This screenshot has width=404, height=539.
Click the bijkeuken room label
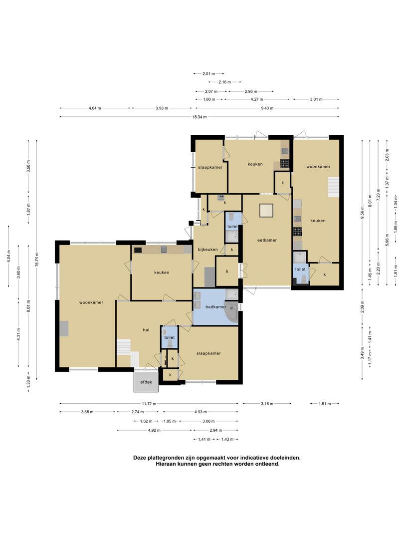(x=207, y=250)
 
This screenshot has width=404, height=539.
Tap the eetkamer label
(x=267, y=240)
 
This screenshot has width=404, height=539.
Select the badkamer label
(x=216, y=306)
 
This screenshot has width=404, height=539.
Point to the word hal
(x=146, y=330)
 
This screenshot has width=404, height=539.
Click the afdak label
(x=146, y=382)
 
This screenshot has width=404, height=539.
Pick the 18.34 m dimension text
(x=200, y=117)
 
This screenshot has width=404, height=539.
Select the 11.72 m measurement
(x=149, y=404)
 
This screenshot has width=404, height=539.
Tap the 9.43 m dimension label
(x=267, y=108)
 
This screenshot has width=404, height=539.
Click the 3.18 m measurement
(x=267, y=404)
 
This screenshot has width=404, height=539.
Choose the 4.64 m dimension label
(x=95, y=108)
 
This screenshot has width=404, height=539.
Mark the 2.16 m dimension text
(x=224, y=82)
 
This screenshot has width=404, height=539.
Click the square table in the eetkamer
(x=266, y=211)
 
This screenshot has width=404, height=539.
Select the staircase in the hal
(x=128, y=353)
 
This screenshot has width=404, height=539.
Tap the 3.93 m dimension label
(x=162, y=108)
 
